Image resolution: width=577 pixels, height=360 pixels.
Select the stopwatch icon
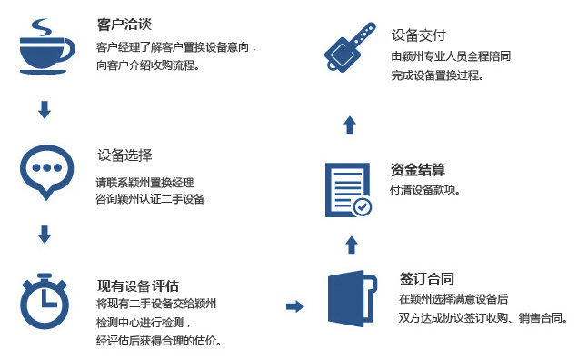[45, 299]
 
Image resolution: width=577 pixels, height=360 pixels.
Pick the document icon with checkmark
[348, 189]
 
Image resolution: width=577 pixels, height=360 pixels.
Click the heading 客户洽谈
[123, 25]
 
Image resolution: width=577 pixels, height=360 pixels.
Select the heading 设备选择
[124, 154]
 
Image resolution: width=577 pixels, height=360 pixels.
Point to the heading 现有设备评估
[137, 285]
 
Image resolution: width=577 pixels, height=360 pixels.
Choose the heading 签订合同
[426, 278]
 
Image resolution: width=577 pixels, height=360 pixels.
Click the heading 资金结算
[417, 169]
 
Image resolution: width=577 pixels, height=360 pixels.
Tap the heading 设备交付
[418, 35]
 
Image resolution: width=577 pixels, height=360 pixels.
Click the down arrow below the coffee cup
[44, 110]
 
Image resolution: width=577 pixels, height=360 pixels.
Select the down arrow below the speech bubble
[44, 235]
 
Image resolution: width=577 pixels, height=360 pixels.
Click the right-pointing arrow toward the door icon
[294, 305]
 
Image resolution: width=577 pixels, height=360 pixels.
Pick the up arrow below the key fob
[351, 124]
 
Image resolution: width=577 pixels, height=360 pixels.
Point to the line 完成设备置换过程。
[437, 75]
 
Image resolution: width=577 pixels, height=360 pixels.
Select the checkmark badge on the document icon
[362, 206]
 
